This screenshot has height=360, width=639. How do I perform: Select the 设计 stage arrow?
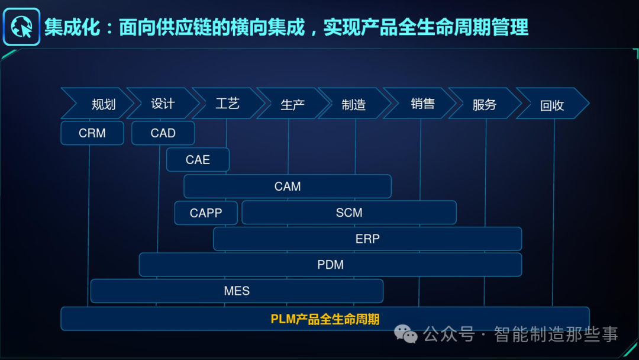pyautogui.click(x=162, y=104)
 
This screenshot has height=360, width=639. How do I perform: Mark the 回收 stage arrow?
pyautogui.click(x=551, y=104)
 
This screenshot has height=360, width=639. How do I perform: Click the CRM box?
pyautogui.click(x=92, y=133)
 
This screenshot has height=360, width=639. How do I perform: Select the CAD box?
pyautogui.click(x=163, y=133)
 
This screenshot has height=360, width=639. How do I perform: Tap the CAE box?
pyautogui.click(x=198, y=160)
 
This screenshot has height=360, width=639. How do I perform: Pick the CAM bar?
pyautogui.click(x=288, y=187)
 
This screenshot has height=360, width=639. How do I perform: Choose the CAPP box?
pyautogui.click(x=206, y=213)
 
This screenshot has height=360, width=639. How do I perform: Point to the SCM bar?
pyautogui.click(x=349, y=213)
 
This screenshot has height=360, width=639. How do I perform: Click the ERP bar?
pyautogui.click(x=367, y=239)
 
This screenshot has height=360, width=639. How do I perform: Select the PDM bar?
pyautogui.click(x=330, y=265)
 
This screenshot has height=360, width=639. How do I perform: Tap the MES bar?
pyautogui.click(x=237, y=291)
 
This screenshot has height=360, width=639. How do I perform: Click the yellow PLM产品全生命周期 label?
pyautogui.click(x=325, y=319)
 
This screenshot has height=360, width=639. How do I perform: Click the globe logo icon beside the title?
pyautogui.click(x=22, y=27)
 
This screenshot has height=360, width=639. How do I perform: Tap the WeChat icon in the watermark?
pyautogui.click(x=406, y=335)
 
